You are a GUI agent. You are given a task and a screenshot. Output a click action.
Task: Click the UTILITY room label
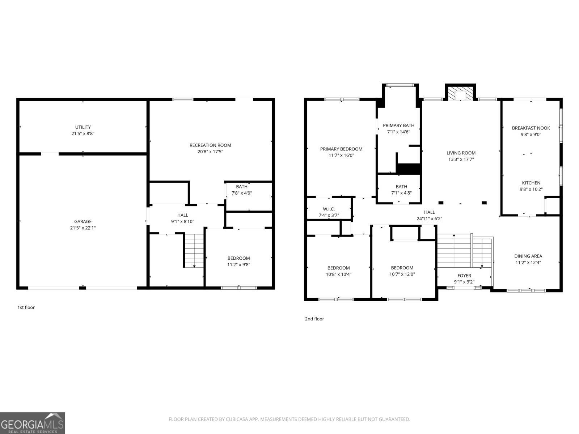[x=83, y=127]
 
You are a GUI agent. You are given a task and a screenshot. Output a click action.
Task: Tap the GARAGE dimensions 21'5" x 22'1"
[x=83, y=228]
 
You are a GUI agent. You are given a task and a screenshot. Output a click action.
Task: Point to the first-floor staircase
[x=194, y=250]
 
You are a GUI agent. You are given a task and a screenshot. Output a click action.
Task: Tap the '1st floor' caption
[x=26, y=307]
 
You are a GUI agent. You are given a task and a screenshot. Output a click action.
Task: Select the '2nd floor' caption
[x=314, y=319]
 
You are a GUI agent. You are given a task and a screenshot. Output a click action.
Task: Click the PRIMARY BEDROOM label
[x=341, y=149]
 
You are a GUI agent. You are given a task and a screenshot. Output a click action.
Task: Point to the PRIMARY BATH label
[x=398, y=125]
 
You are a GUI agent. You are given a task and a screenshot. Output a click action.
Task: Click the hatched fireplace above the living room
[x=460, y=93]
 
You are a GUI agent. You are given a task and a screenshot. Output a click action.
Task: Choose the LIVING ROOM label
[x=461, y=153]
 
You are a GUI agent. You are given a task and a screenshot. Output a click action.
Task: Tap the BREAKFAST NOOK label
[x=531, y=128]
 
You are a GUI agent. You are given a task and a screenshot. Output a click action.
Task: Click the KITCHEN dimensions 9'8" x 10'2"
[x=531, y=189]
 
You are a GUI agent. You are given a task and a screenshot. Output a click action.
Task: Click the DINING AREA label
[x=528, y=256]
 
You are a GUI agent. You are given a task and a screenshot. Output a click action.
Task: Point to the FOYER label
[x=464, y=276]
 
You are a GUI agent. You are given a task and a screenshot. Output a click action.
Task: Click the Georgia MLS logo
[x=32, y=423]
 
